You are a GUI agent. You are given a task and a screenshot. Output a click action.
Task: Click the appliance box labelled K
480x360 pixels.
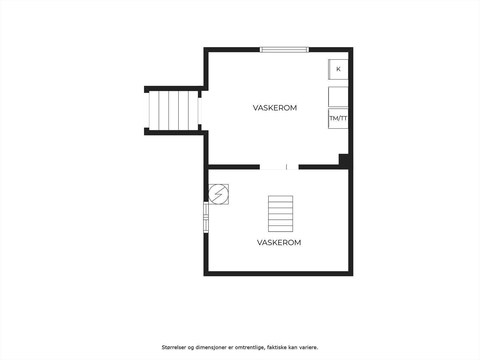[x=338, y=69]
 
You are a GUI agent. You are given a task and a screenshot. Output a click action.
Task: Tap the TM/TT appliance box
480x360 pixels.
[x=338, y=118]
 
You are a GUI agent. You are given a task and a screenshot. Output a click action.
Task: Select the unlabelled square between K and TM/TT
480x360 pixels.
[x=338, y=97]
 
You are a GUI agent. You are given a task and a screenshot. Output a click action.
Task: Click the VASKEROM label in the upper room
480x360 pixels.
[x=275, y=108]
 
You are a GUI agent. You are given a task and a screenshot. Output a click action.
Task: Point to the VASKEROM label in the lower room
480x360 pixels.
[x=279, y=242]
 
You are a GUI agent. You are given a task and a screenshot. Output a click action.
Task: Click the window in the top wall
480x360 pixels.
[x=284, y=49]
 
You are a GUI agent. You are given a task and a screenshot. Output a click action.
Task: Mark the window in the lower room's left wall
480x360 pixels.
[x=206, y=217]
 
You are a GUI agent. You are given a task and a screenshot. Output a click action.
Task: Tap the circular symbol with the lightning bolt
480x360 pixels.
[x=218, y=194]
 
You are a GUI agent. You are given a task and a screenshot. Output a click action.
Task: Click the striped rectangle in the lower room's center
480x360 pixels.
[x=280, y=214]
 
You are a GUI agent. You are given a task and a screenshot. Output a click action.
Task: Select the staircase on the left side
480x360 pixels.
[x=174, y=111]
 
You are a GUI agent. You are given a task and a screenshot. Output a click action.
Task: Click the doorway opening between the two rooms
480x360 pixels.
[x=279, y=167]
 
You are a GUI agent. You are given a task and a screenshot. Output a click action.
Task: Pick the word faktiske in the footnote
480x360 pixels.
[x=277, y=347]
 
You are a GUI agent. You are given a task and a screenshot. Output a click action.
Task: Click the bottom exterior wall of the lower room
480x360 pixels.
[x=278, y=274]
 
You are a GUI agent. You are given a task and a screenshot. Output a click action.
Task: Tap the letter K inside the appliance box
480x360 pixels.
[x=338, y=69]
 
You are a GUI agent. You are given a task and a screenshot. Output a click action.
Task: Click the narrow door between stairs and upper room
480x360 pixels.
[x=200, y=111]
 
